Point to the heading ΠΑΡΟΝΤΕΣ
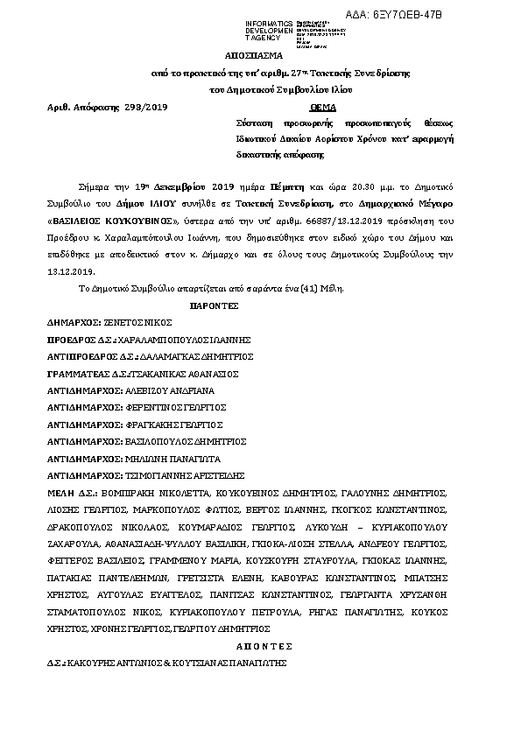click(215, 306)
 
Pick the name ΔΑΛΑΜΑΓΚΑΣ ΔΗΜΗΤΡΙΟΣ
click(199, 356)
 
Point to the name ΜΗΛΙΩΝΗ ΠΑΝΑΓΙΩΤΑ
click(171, 457)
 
